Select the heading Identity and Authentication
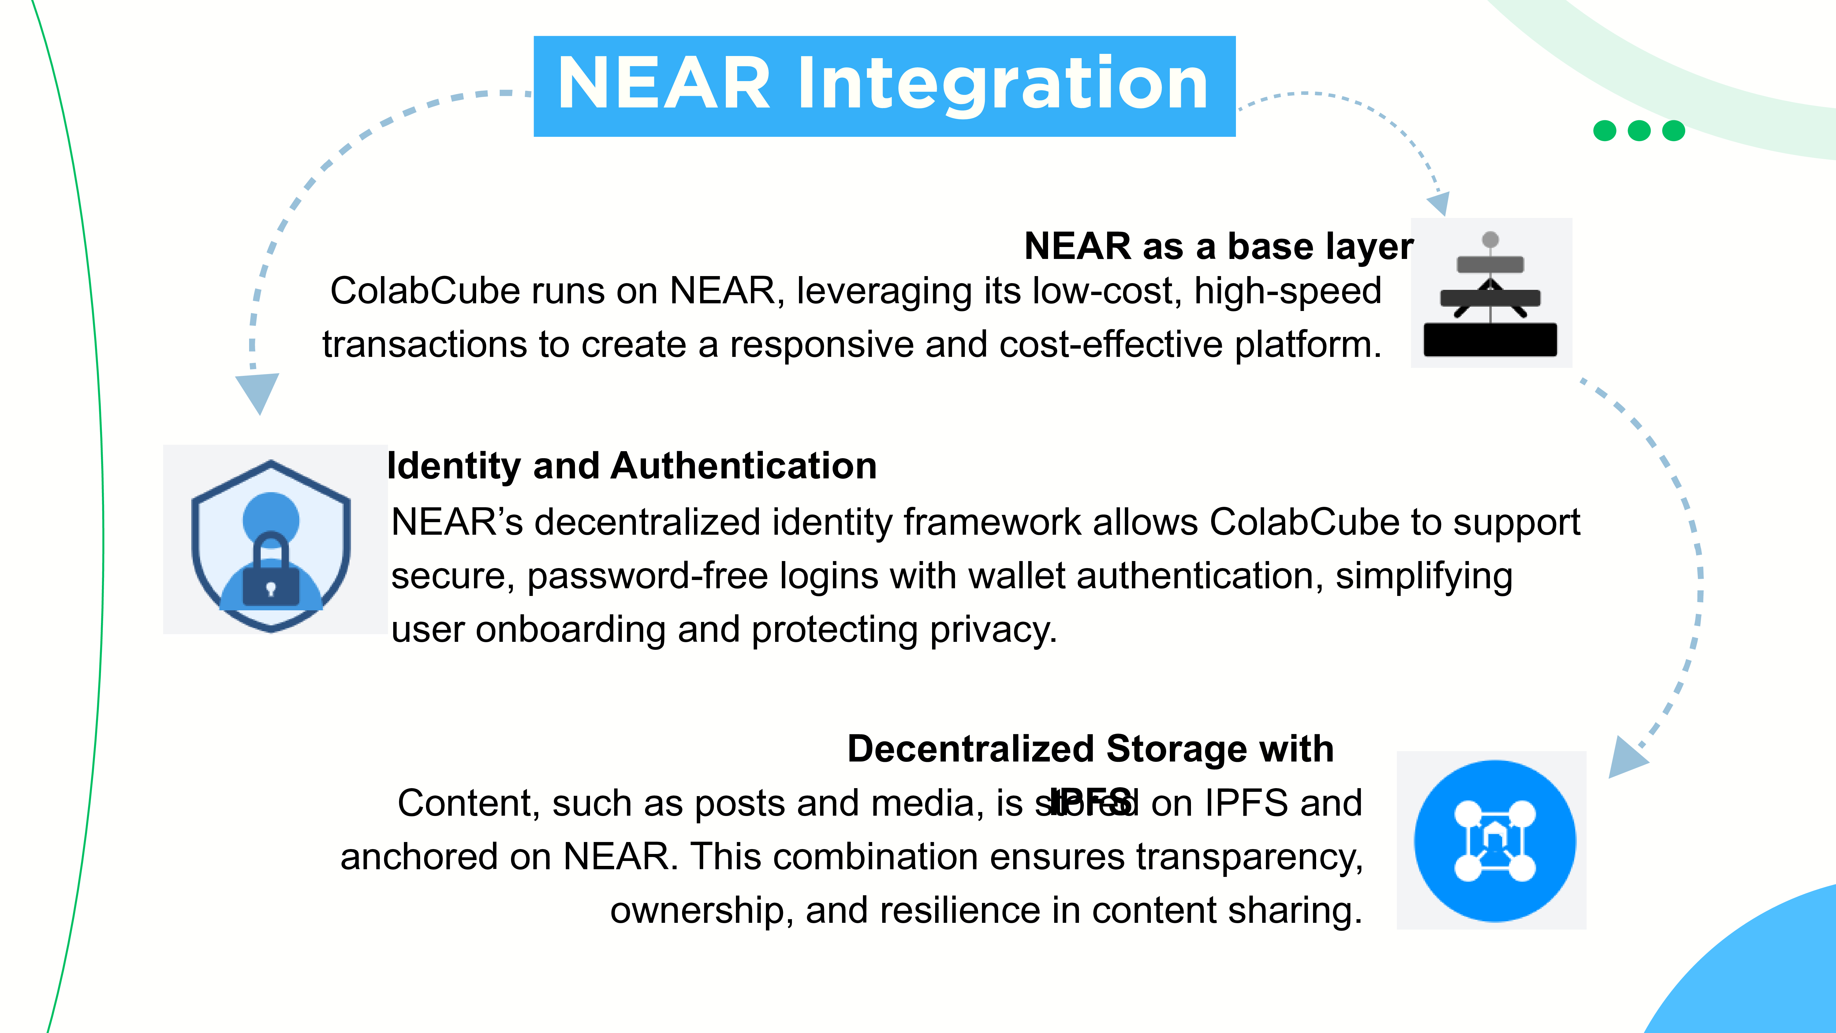(632, 466)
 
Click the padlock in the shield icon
(271, 571)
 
